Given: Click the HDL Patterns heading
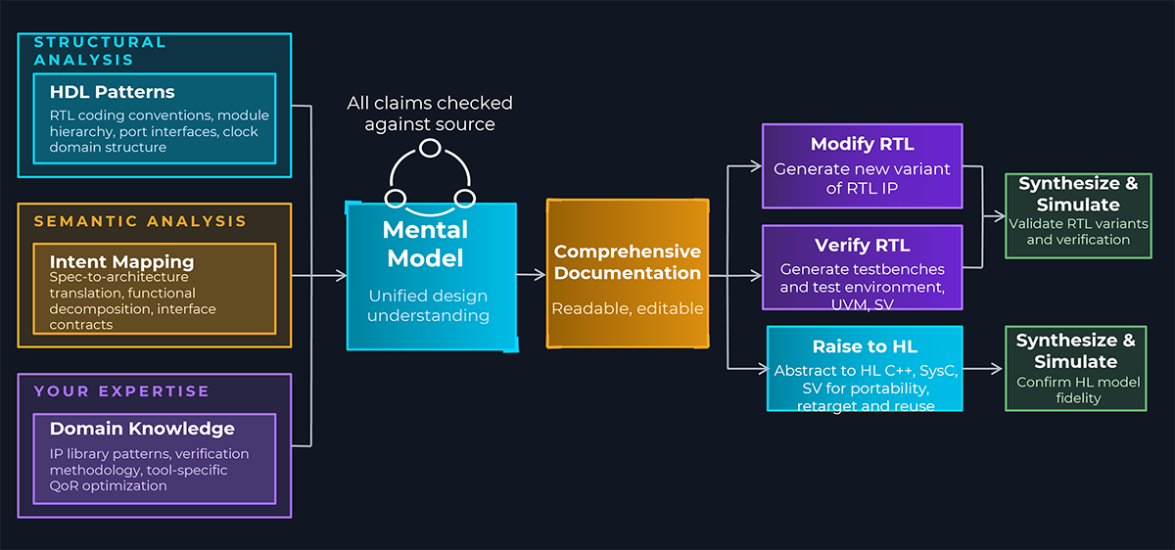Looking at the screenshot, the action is [x=113, y=92].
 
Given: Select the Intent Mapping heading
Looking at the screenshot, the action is [x=121, y=261].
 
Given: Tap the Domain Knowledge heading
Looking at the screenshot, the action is [x=142, y=429].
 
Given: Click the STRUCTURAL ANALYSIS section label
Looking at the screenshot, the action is [x=100, y=51].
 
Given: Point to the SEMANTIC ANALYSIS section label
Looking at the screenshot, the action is [x=140, y=221].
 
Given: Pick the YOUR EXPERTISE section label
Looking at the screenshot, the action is [x=121, y=391].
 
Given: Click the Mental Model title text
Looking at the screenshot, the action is [x=425, y=244].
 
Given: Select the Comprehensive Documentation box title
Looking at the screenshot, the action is [x=628, y=262].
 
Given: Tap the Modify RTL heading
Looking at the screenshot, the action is [x=863, y=144].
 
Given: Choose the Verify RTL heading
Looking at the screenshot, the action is [x=863, y=245].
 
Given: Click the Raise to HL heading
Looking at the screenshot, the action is [x=865, y=346].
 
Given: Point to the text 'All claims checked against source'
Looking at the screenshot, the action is [x=430, y=114].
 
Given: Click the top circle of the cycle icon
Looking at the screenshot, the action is [x=430, y=149].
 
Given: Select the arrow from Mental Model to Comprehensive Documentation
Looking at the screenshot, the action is [x=531, y=274].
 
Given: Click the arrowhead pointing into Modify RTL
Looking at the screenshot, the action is [x=756, y=166].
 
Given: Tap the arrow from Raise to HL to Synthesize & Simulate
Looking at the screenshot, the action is [x=982, y=369].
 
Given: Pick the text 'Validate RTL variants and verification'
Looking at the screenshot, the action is [x=1078, y=232].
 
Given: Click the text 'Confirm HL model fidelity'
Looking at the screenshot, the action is [x=1078, y=390].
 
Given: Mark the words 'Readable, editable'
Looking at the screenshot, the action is [x=628, y=308].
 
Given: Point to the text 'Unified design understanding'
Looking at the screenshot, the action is [x=428, y=305].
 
